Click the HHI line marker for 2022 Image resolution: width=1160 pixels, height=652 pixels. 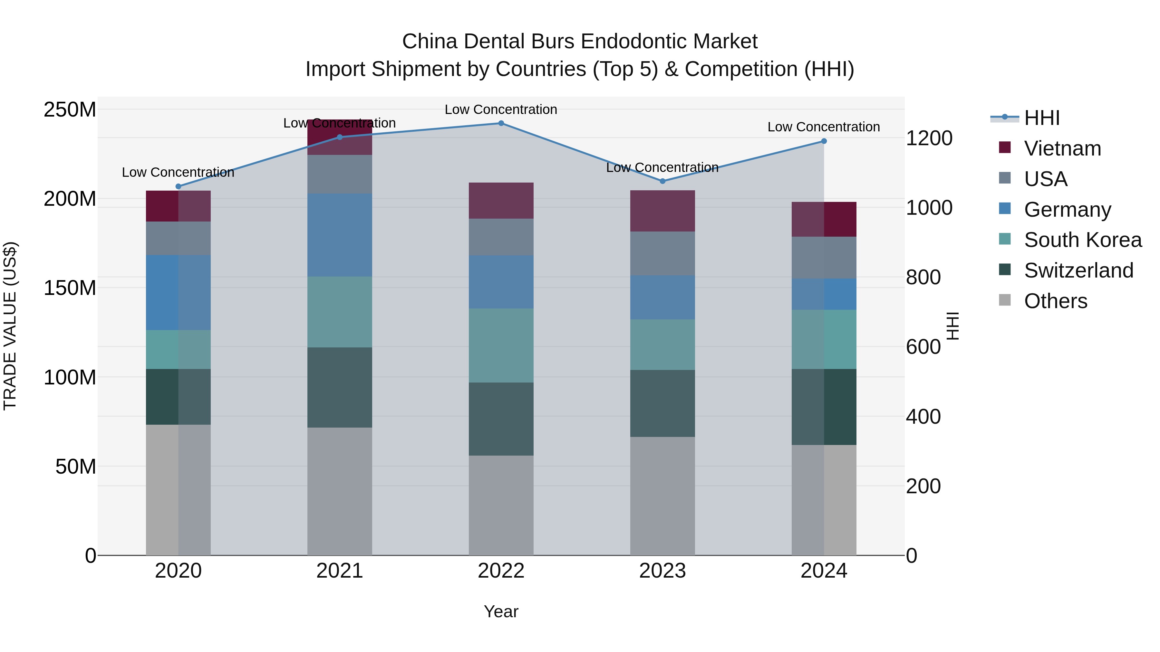coord(501,123)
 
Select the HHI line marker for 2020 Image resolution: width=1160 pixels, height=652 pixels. coord(178,186)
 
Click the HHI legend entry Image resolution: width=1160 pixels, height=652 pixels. coord(1041,118)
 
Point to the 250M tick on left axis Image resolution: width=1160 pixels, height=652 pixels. coord(70,110)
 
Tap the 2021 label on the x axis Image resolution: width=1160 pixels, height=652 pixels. coord(340,571)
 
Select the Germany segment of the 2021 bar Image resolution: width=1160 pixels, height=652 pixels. coord(340,235)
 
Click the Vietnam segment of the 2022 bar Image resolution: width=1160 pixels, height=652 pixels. coord(501,201)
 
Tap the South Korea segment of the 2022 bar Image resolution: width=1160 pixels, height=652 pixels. coord(501,345)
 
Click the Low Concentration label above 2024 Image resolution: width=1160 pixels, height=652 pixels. coord(823,127)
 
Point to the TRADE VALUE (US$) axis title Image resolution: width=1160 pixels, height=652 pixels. coord(10,326)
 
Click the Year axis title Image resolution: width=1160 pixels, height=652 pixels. coord(501,612)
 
